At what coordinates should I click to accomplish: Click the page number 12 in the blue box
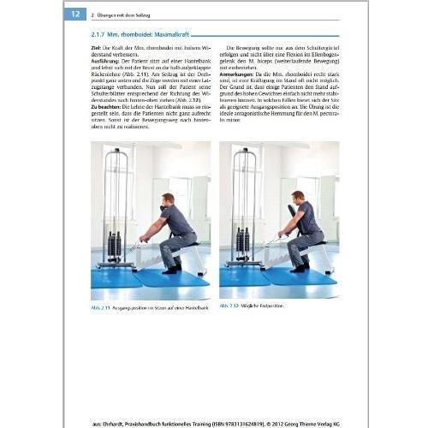point(75,14)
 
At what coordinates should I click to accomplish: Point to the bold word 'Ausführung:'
point(107,62)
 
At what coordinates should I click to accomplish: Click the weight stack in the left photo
point(115,244)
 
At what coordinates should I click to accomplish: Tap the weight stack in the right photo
point(241,244)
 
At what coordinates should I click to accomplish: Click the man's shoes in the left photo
point(169,269)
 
